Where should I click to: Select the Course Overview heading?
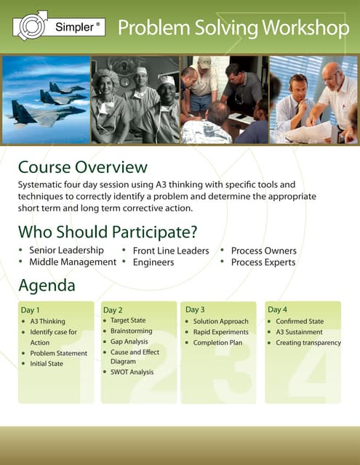pyautogui.click(x=82, y=169)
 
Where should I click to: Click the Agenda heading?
pyautogui.click(x=47, y=286)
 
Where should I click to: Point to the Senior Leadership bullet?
pyautogui.click(x=66, y=251)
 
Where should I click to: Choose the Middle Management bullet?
pyautogui.click(x=72, y=262)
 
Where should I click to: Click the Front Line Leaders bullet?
pyautogui.click(x=171, y=251)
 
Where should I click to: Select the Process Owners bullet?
pyautogui.click(x=263, y=251)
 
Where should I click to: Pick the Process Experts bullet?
pyautogui.click(x=263, y=262)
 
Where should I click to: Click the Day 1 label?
pyautogui.click(x=31, y=310)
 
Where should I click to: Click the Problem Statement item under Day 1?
pyautogui.click(x=58, y=353)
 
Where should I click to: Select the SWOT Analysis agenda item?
pyautogui.click(x=132, y=372)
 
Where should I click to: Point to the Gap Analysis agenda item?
pyautogui.click(x=129, y=341)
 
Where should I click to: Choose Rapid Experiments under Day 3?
pyautogui.click(x=220, y=332)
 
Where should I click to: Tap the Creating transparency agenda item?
pyautogui.click(x=308, y=342)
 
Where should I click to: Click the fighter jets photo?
pyautogui.click(x=46, y=100)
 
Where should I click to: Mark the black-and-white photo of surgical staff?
pyautogui.click(x=135, y=100)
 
